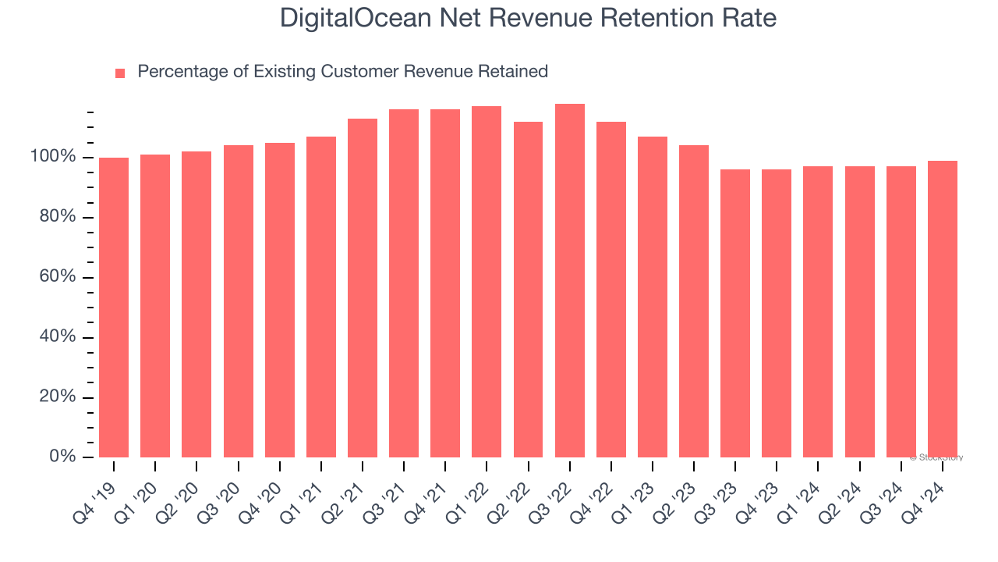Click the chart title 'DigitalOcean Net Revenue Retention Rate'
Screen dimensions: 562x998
tap(528, 18)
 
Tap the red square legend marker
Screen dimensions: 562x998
tap(120, 73)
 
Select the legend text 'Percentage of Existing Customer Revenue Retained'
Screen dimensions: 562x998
tap(342, 72)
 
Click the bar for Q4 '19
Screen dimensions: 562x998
tap(114, 308)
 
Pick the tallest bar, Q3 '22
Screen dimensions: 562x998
tap(570, 281)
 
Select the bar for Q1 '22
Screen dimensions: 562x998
tap(487, 282)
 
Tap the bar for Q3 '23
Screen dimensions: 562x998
tap(735, 313)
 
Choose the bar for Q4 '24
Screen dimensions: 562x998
tap(943, 309)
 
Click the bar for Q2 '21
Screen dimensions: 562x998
tap(363, 288)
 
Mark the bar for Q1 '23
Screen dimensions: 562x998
tap(653, 297)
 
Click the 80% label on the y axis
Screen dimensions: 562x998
tap(57, 217)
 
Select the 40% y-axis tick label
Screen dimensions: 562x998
tap(57, 337)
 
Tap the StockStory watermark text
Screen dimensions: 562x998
tap(936, 457)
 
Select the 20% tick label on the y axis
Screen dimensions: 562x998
tap(57, 397)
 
